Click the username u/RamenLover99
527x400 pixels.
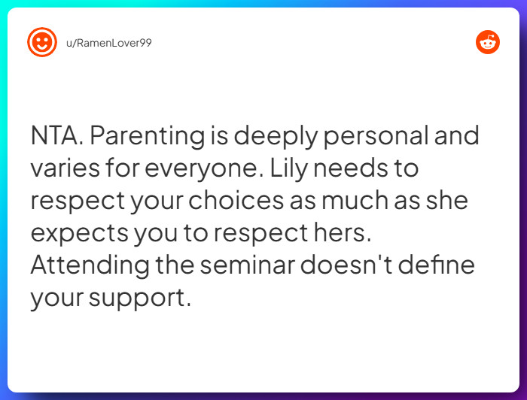(109, 43)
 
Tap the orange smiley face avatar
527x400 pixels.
(42, 42)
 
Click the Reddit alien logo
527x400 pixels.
(488, 42)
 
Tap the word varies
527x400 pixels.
(65, 168)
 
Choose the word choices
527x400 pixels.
(236, 200)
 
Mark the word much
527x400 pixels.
(355, 200)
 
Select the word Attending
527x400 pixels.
(90, 266)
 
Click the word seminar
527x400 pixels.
(248, 265)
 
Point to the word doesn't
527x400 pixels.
(346, 265)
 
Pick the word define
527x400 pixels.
(437, 265)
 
